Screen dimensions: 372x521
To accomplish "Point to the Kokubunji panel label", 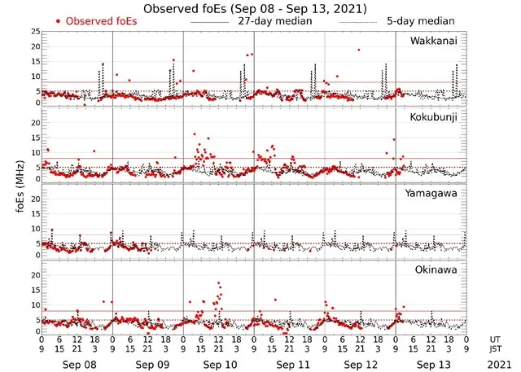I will tap(434, 116).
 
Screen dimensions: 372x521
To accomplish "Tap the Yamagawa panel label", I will tap(433, 193).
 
